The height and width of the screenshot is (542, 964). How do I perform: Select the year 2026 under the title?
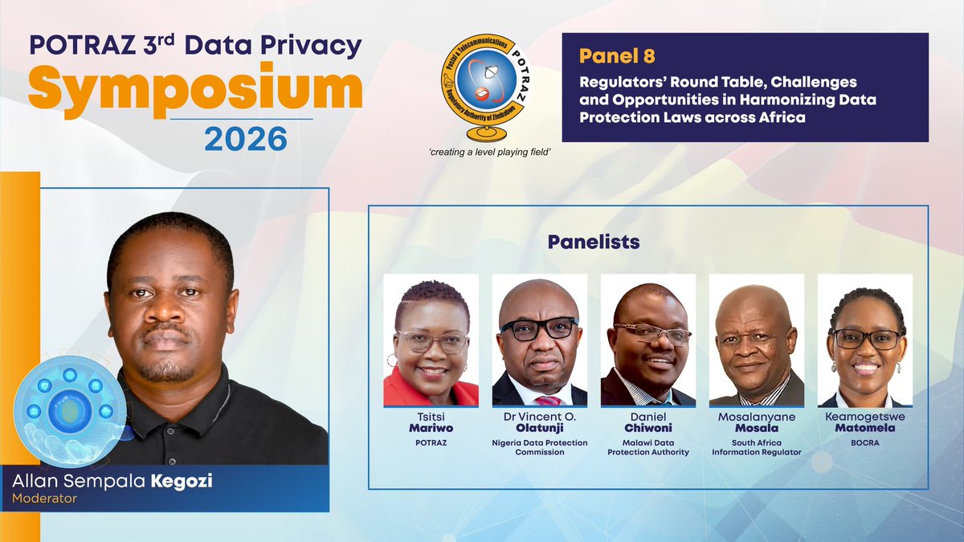click(246, 139)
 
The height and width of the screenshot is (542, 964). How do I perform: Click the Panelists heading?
click(594, 241)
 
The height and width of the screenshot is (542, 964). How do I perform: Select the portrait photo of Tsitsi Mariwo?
click(431, 340)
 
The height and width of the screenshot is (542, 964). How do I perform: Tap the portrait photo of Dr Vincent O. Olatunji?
click(539, 340)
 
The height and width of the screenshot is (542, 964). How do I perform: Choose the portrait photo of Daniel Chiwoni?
click(647, 340)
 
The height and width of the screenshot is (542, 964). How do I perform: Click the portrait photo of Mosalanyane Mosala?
click(756, 340)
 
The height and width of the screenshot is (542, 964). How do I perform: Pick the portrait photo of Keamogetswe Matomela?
click(864, 340)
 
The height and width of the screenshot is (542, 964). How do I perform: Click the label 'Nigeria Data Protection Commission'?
click(539, 447)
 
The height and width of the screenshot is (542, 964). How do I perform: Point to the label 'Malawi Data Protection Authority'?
click(647, 447)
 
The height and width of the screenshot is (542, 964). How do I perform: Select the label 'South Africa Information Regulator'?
click(756, 447)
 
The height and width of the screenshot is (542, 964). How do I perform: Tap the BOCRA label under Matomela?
click(864, 442)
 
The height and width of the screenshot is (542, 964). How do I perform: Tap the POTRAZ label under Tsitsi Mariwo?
click(431, 442)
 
